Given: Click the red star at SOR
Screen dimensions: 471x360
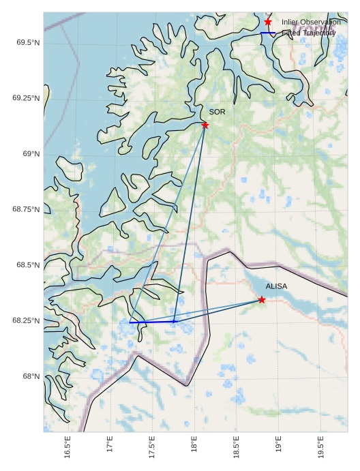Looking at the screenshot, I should click(x=205, y=125).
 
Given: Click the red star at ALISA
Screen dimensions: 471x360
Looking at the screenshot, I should click(x=262, y=300).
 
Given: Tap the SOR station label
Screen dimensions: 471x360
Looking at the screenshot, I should click(x=217, y=112).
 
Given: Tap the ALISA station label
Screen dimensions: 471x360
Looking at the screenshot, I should click(x=277, y=287).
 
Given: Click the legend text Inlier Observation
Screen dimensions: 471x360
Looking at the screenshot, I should click(x=311, y=22).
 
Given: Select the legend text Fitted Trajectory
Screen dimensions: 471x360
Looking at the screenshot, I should click(x=308, y=33).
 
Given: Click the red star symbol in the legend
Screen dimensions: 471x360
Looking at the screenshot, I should click(x=268, y=22).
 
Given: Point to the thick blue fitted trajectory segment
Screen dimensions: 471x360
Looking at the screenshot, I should click(x=151, y=322).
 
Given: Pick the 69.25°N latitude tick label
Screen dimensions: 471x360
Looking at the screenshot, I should click(x=26, y=98).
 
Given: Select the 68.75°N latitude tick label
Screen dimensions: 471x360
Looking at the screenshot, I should click(x=26, y=209).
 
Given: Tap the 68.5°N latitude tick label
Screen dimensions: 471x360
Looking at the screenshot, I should click(x=27, y=265).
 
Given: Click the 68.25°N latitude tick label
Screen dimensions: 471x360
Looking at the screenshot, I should click(x=26, y=320).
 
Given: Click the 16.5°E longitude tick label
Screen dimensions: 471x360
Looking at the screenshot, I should click(x=67, y=448).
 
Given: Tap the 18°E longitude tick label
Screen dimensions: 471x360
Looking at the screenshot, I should click(x=194, y=446).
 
